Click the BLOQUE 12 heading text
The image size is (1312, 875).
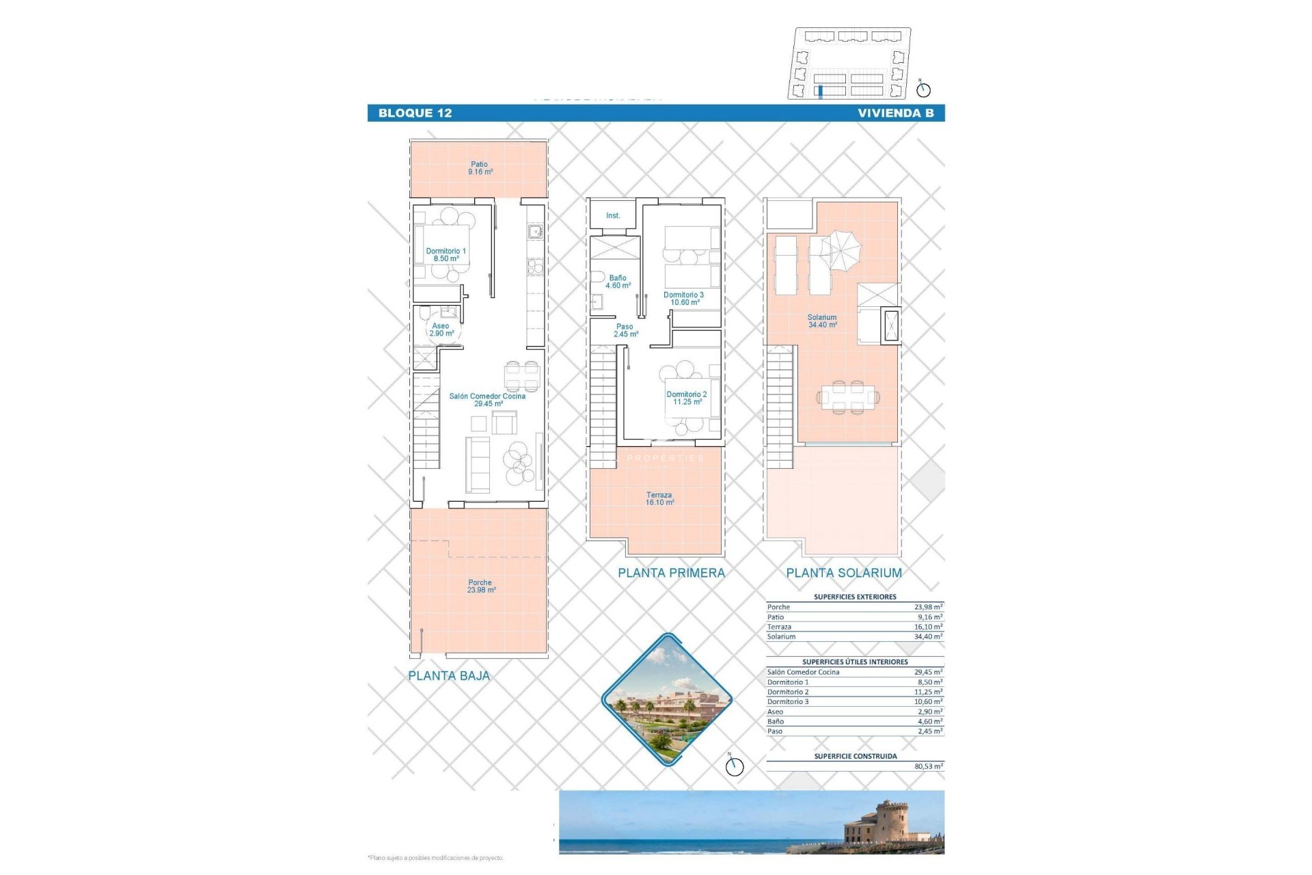[415, 113]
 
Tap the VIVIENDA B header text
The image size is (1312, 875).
[895, 113]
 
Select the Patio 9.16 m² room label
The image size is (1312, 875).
[480, 168]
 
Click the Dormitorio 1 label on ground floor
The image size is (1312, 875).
[446, 255]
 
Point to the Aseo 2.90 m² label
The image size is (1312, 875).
[441, 329]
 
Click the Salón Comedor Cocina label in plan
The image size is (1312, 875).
[487, 400]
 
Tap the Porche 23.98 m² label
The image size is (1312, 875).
[480, 587]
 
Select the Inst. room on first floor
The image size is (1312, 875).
[613, 215]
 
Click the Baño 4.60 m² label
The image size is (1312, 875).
[618, 282]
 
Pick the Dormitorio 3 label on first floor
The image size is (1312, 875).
[683, 299]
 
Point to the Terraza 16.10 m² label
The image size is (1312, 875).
[659, 498]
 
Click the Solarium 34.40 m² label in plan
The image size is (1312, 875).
[822, 321]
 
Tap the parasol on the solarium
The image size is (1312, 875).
[840, 247]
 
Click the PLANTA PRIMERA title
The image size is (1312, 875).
[671, 573]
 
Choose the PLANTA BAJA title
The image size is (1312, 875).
[449, 675]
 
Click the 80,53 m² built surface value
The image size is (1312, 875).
[928, 766]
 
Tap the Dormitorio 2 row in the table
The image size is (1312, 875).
[854, 692]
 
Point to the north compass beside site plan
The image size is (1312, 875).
[923, 89]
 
